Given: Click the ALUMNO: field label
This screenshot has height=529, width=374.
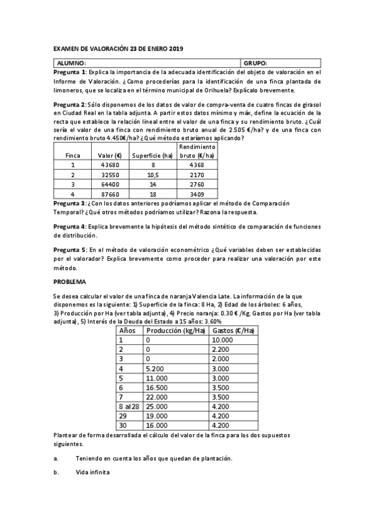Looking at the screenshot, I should point(67,64).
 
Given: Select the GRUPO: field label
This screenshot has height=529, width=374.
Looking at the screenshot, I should point(255,64).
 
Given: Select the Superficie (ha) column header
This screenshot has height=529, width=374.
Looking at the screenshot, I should point(152,155).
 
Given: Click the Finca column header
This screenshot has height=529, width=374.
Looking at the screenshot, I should point(73,155).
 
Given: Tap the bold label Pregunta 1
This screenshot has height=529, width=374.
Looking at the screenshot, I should point(70,72).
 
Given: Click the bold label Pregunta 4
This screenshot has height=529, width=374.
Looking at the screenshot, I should point(70,225).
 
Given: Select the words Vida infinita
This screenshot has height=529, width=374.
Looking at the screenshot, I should point(92,472).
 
